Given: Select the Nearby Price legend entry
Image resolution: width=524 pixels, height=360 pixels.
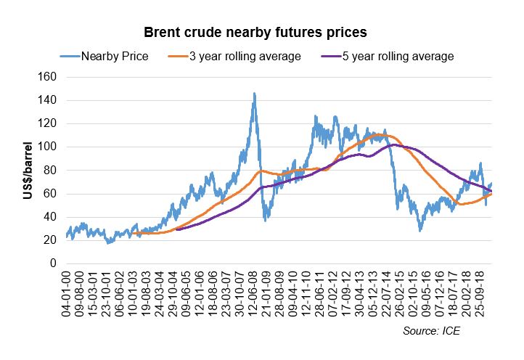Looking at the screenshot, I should (115, 56).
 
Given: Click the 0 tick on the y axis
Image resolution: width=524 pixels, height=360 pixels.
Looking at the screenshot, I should (52, 263).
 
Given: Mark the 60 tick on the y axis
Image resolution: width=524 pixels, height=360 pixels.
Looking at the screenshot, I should (49, 193).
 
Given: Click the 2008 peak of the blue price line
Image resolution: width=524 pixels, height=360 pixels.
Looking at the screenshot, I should (254, 93).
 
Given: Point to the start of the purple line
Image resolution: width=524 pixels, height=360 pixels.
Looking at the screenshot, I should (176, 229).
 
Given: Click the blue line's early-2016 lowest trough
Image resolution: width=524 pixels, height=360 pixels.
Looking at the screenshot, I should (419, 231).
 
